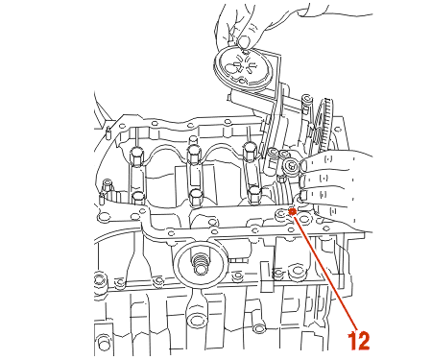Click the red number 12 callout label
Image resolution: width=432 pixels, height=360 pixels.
(x=358, y=341)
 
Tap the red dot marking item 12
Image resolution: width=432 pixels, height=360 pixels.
(x=292, y=211)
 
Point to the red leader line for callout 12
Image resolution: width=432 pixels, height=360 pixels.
(x=324, y=271)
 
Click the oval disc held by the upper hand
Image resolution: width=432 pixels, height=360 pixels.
(x=242, y=68)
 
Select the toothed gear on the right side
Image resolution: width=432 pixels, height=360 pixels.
(x=323, y=125)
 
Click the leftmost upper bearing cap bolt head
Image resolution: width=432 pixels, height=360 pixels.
(x=136, y=156)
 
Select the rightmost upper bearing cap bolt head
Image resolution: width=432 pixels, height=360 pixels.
(x=251, y=149)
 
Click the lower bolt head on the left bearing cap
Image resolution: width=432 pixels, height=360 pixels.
(x=138, y=197)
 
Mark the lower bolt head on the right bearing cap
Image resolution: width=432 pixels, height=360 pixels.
(x=254, y=194)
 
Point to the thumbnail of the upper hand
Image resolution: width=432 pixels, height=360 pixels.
(x=245, y=40)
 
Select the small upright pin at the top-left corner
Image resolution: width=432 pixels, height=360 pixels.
(x=108, y=132)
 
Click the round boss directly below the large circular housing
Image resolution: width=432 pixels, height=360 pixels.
(x=196, y=320)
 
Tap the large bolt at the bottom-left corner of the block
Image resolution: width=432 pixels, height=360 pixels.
(x=104, y=343)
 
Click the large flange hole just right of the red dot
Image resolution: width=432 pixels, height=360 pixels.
(x=304, y=219)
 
